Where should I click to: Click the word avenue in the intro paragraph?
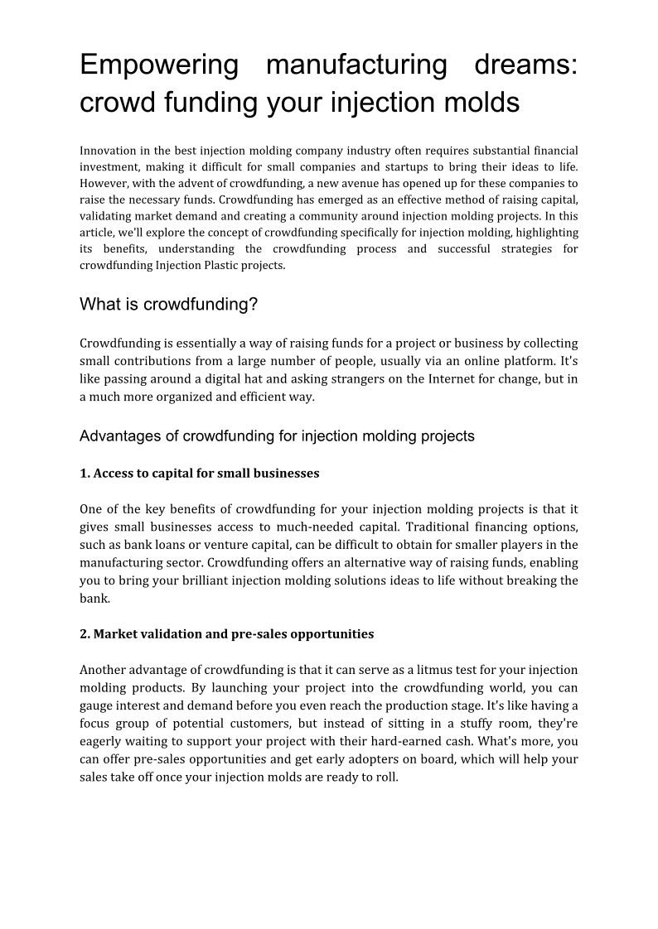(375, 183)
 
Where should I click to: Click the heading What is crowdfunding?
(169, 305)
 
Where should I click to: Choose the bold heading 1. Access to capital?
(199, 474)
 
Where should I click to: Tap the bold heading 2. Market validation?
(226, 634)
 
